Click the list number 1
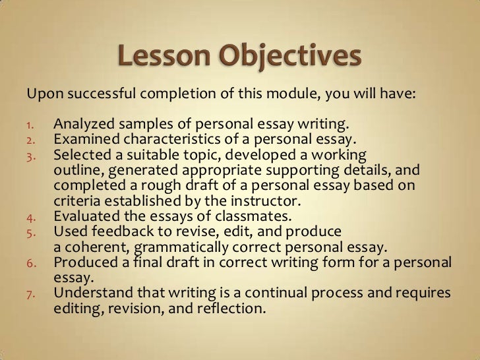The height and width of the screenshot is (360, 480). coord(30,126)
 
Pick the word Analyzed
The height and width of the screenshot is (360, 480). coord(82,125)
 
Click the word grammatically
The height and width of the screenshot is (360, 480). coord(178,245)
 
